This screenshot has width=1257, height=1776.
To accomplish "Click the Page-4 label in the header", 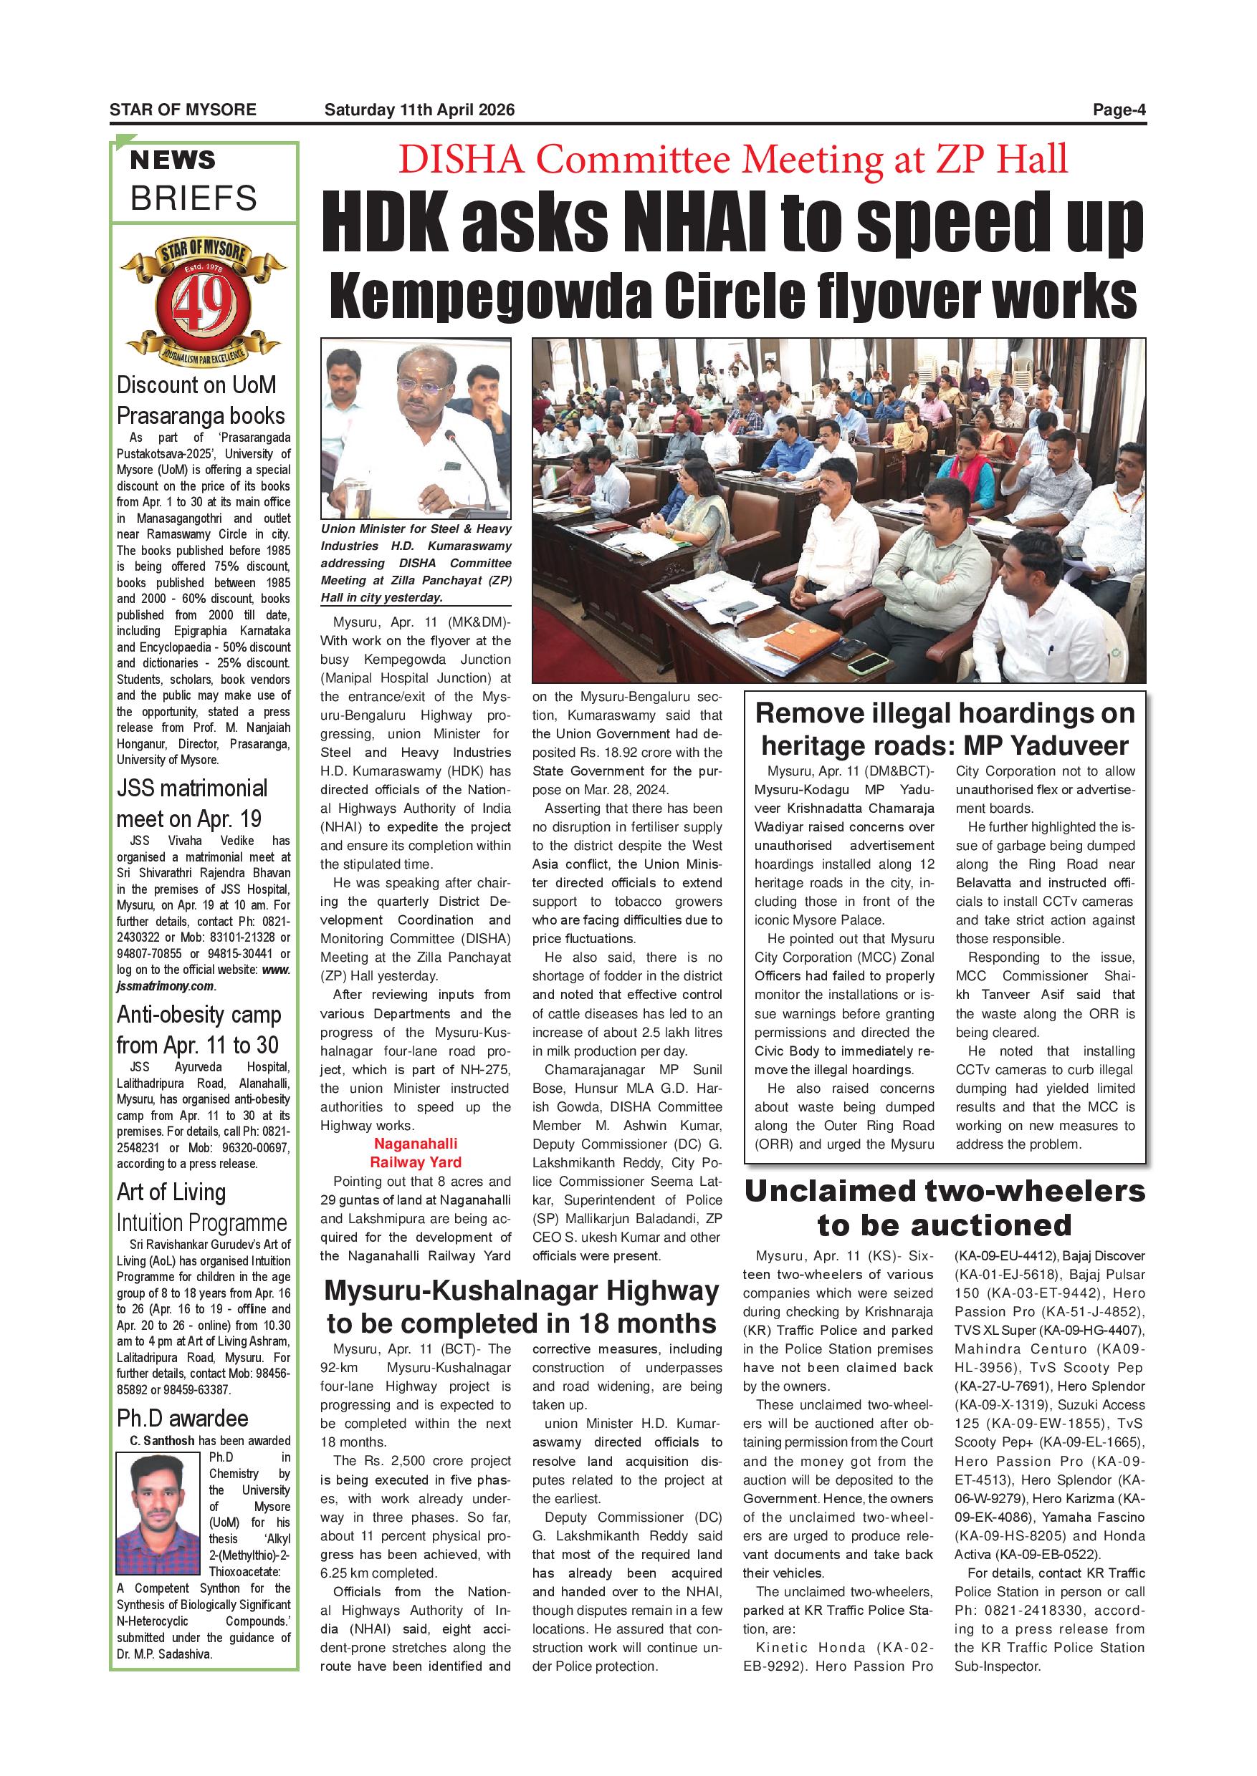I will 1119,110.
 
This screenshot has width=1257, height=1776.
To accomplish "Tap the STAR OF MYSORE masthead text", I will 183,110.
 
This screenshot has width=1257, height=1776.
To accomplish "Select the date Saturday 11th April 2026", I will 419,110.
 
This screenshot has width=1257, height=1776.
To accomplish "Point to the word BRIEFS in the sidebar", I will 193,199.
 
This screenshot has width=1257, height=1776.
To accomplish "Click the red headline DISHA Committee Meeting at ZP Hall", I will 732,160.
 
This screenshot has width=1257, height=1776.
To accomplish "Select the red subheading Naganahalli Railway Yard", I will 416,1152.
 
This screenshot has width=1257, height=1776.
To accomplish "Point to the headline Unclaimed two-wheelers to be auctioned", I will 945,1207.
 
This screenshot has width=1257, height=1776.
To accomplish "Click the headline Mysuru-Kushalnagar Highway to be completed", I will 521,1306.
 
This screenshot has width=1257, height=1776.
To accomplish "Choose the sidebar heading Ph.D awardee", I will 183,1418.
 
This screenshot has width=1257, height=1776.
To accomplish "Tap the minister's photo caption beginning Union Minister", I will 416,563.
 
